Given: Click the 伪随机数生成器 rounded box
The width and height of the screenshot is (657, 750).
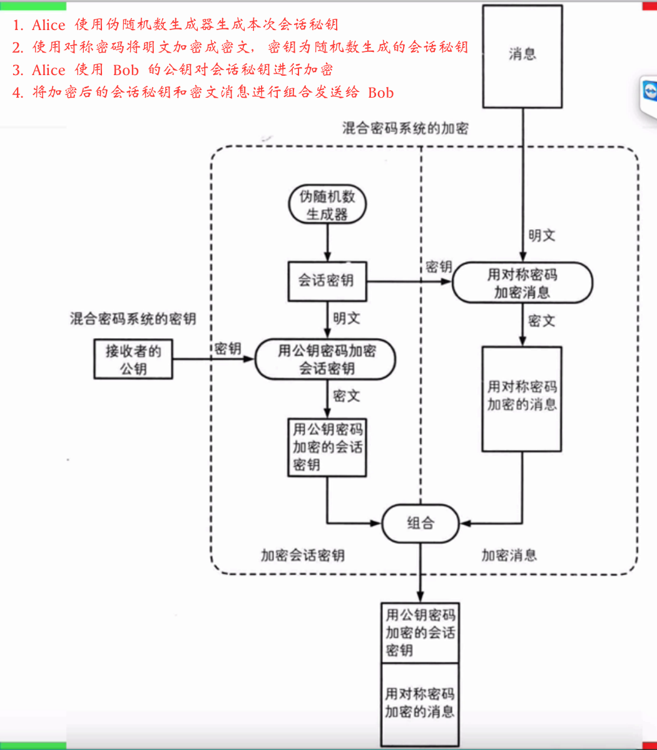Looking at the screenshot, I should (327, 205).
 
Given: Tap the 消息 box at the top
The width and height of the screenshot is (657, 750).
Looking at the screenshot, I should (522, 55).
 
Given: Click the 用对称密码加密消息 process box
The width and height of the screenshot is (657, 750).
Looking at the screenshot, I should (522, 283).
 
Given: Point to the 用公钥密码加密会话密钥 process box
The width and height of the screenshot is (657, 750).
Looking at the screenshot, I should (325, 359).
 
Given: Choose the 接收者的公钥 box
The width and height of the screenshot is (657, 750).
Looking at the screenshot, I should (133, 359).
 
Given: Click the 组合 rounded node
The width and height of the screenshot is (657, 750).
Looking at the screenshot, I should (420, 523).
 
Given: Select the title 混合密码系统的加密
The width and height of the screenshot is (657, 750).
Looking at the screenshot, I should (405, 129).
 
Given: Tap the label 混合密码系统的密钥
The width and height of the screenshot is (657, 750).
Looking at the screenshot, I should (133, 319).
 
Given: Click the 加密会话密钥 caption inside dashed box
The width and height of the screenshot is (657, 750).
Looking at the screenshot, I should (302, 555).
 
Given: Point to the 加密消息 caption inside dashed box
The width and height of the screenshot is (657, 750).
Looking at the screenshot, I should (509, 555).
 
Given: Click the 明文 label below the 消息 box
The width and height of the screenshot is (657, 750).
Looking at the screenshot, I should (541, 236).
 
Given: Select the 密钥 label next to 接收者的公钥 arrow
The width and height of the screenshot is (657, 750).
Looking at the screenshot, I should (228, 349).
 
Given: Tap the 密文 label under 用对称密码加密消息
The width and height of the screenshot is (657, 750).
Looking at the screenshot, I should (541, 321).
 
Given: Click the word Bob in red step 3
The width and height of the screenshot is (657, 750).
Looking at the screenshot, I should (126, 70).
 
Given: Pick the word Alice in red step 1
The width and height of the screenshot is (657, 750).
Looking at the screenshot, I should (48, 25).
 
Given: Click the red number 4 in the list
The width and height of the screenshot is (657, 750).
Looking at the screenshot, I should (18, 93).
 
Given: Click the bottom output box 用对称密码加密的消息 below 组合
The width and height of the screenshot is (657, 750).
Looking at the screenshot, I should (420, 703).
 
